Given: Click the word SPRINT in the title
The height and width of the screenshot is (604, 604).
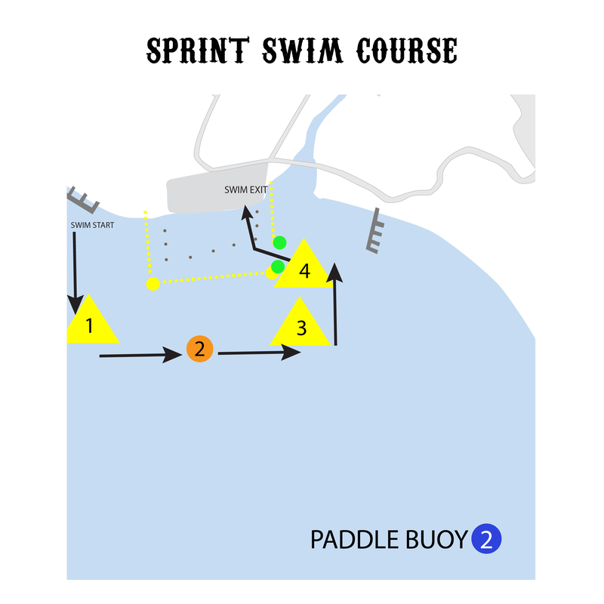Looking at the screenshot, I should point(194,51).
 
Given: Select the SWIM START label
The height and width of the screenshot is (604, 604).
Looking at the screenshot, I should point(92,225).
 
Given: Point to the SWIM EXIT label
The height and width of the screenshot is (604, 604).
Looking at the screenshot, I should point(246,190).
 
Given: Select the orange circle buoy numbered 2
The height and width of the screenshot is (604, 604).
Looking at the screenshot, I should point(199,349).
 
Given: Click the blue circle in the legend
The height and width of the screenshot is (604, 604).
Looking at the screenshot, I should point(487,539).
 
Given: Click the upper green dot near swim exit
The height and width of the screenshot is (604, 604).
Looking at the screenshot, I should point(280,242).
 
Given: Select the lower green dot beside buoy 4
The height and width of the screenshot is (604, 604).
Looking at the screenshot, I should point(278,267).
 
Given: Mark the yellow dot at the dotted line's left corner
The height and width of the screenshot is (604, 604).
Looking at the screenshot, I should point(153,284).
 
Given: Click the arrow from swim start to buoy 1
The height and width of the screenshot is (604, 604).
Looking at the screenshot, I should point(75,272).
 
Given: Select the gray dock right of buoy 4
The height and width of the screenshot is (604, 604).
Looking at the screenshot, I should point(374,230).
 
